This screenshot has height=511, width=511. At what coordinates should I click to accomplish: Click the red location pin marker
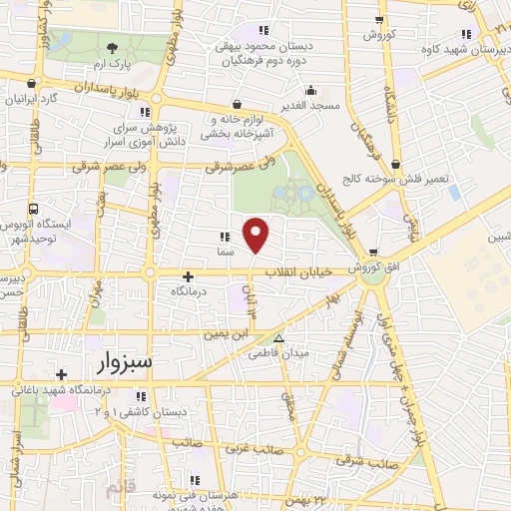(256, 235)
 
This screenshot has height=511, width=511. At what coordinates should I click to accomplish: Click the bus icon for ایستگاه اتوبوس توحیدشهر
(34, 210)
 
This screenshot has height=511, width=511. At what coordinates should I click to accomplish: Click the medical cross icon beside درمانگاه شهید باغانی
(62, 375)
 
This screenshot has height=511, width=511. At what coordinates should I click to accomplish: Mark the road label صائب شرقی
(363, 460)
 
